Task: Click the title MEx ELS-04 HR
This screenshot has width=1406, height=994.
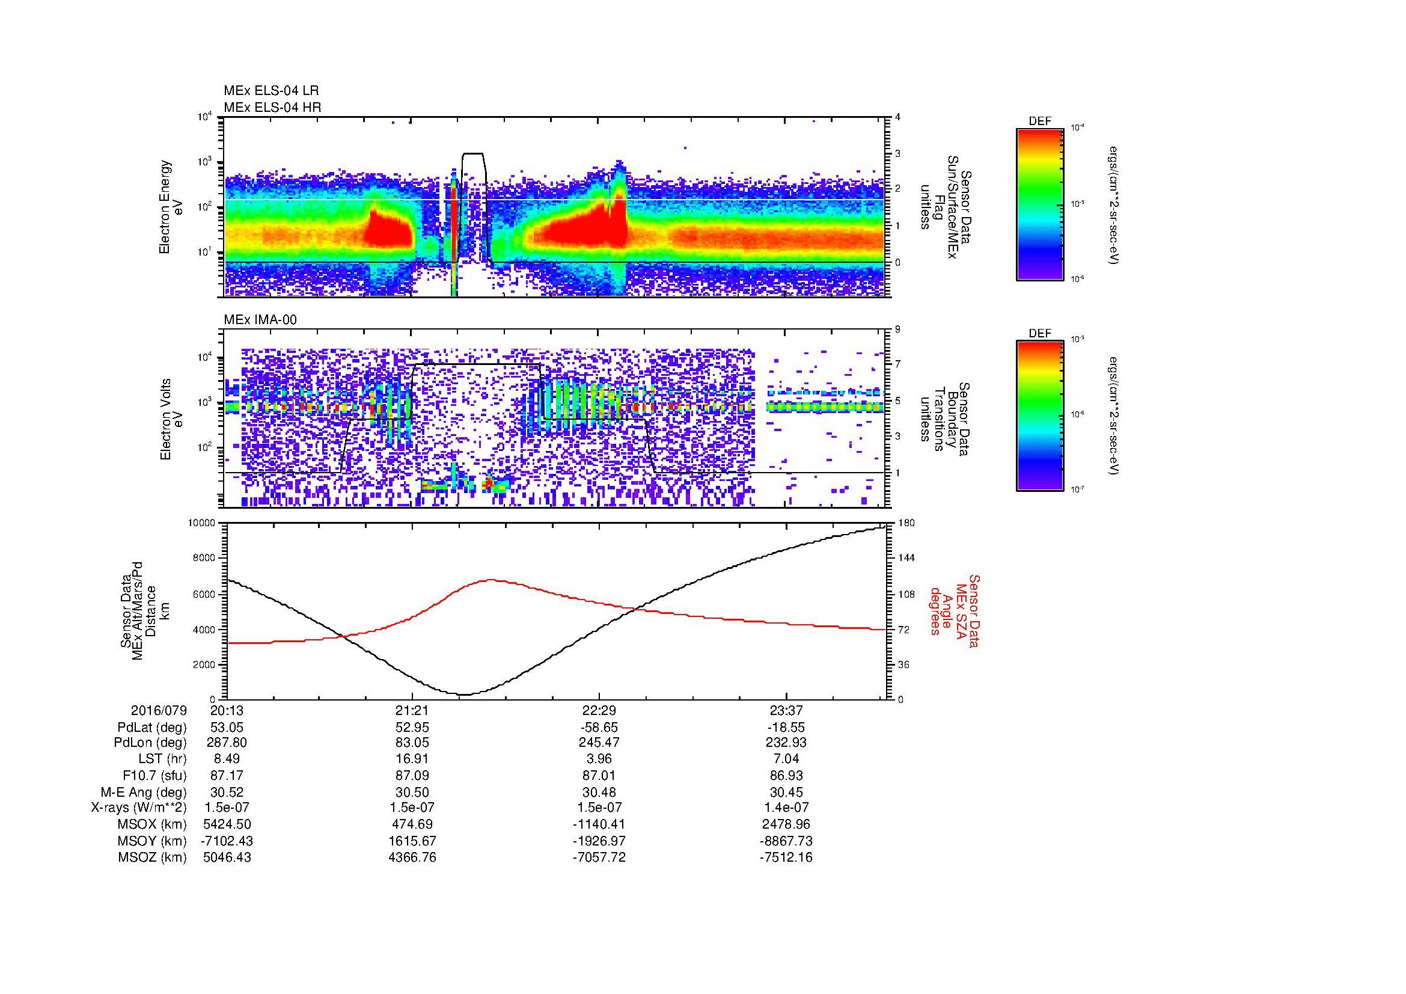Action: click(272, 107)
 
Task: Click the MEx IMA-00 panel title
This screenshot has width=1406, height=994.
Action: click(260, 320)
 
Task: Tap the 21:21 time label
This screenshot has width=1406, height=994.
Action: click(412, 710)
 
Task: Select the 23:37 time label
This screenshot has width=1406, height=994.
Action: click(786, 710)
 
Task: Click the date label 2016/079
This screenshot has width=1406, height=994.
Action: click(158, 710)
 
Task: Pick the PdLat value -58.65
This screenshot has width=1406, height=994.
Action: click(599, 727)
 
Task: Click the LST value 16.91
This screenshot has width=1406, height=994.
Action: click(412, 759)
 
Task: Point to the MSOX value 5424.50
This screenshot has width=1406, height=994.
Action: click(227, 824)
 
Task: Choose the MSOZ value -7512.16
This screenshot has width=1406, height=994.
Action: click(786, 857)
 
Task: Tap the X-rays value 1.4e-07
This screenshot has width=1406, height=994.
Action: click(786, 808)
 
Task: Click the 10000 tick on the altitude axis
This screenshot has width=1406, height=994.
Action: click(201, 523)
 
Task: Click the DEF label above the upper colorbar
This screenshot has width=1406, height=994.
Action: click(1040, 121)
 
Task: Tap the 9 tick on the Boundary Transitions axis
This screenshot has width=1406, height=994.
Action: click(897, 329)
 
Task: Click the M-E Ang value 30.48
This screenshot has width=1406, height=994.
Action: click(599, 792)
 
